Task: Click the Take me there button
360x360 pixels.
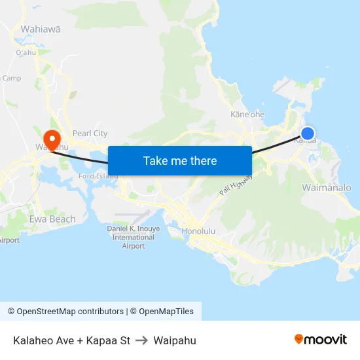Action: [x=180, y=161]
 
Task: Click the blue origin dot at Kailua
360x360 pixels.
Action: [x=307, y=134]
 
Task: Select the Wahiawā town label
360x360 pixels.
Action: [x=41, y=29]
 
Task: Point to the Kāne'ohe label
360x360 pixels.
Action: [x=247, y=115]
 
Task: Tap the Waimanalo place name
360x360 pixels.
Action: [x=327, y=188]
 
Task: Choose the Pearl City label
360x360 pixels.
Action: [x=90, y=134]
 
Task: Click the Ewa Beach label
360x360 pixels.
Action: [x=52, y=219]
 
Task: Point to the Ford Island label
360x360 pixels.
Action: [x=98, y=175]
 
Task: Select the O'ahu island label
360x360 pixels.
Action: [x=26, y=52]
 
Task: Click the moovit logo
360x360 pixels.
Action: [x=321, y=340]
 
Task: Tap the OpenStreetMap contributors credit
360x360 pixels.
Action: [x=65, y=312]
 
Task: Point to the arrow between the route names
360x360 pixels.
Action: [x=142, y=340]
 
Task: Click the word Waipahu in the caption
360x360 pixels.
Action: [x=175, y=340]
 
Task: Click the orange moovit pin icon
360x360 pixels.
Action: [x=299, y=339]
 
